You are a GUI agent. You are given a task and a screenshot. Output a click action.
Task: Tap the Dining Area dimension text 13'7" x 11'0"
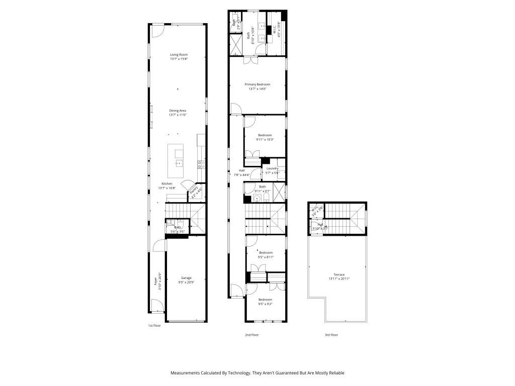click(x=178, y=115)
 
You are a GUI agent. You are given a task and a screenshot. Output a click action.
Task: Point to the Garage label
click(x=186, y=277)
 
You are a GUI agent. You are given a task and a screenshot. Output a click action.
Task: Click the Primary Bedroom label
click(x=257, y=84)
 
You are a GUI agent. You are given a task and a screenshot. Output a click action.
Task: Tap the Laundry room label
click(x=273, y=168)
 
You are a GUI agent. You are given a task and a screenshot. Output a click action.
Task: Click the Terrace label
click(x=339, y=274)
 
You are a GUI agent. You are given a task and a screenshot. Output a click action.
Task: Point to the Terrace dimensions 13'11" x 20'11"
click(x=339, y=278)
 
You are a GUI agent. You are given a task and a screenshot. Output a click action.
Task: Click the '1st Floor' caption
click(x=154, y=326)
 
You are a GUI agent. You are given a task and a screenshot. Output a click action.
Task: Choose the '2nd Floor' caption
click(x=251, y=334)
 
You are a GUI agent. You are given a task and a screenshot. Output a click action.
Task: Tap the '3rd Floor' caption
click(x=331, y=334)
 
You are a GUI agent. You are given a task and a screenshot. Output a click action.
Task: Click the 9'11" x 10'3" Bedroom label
click(x=265, y=135)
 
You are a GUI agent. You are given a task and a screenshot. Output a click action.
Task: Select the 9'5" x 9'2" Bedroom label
click(x=265, y=300)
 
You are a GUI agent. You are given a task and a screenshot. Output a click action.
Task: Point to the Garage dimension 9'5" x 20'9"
click(x=186, y=282)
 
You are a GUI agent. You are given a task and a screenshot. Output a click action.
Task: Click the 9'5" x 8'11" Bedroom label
click(x=266, y=252)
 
